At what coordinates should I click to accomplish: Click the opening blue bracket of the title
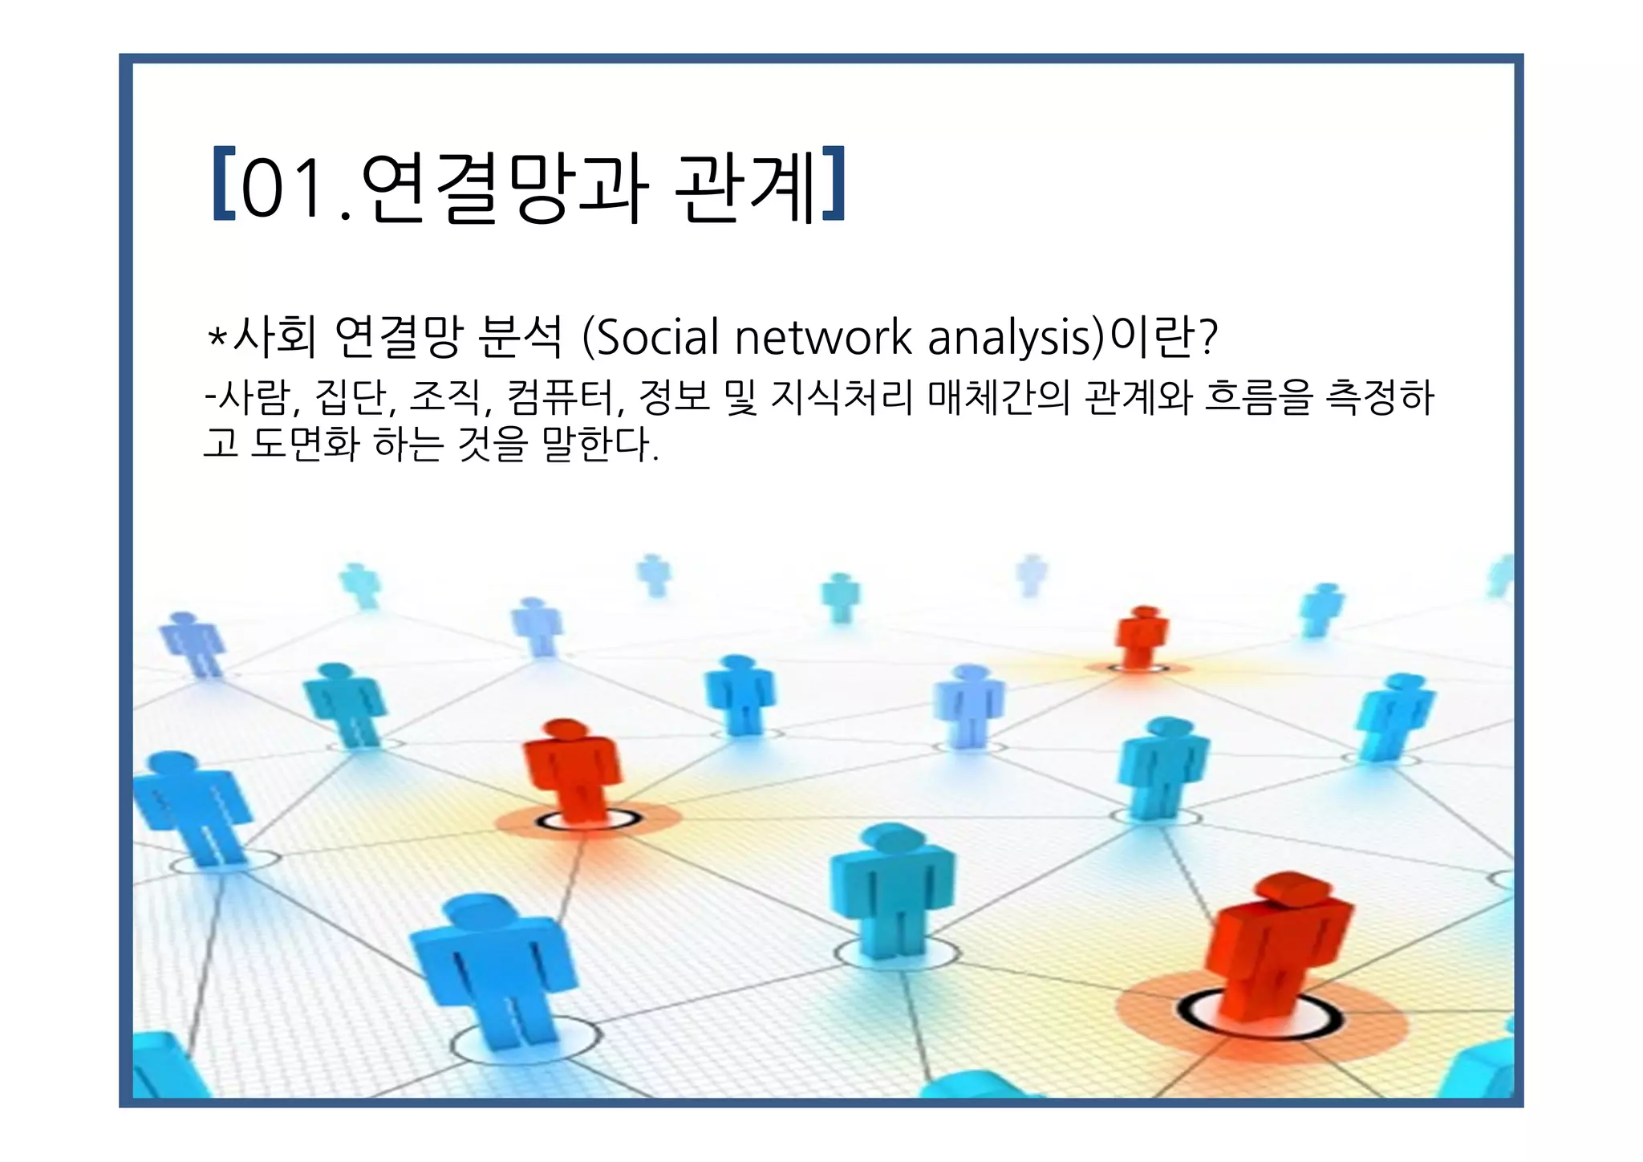pyautogui.click(x=222, y=184)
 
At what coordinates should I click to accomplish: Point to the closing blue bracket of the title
pyautogui.click(x=834, y=184)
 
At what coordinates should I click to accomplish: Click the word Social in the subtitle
pyautogui.click(x=658, y=337)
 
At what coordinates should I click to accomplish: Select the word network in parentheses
pyautogui.click(x=823, y=337)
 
